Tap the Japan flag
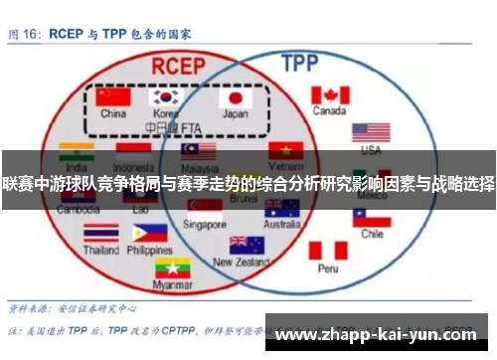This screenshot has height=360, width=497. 236,97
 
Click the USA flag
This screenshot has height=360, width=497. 371,132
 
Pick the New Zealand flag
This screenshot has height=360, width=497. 247,245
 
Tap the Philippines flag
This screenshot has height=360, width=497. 149,233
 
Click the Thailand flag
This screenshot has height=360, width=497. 100,233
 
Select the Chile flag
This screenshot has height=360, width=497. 371,216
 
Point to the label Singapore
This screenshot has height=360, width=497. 206,225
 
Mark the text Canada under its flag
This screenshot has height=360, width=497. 329,110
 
